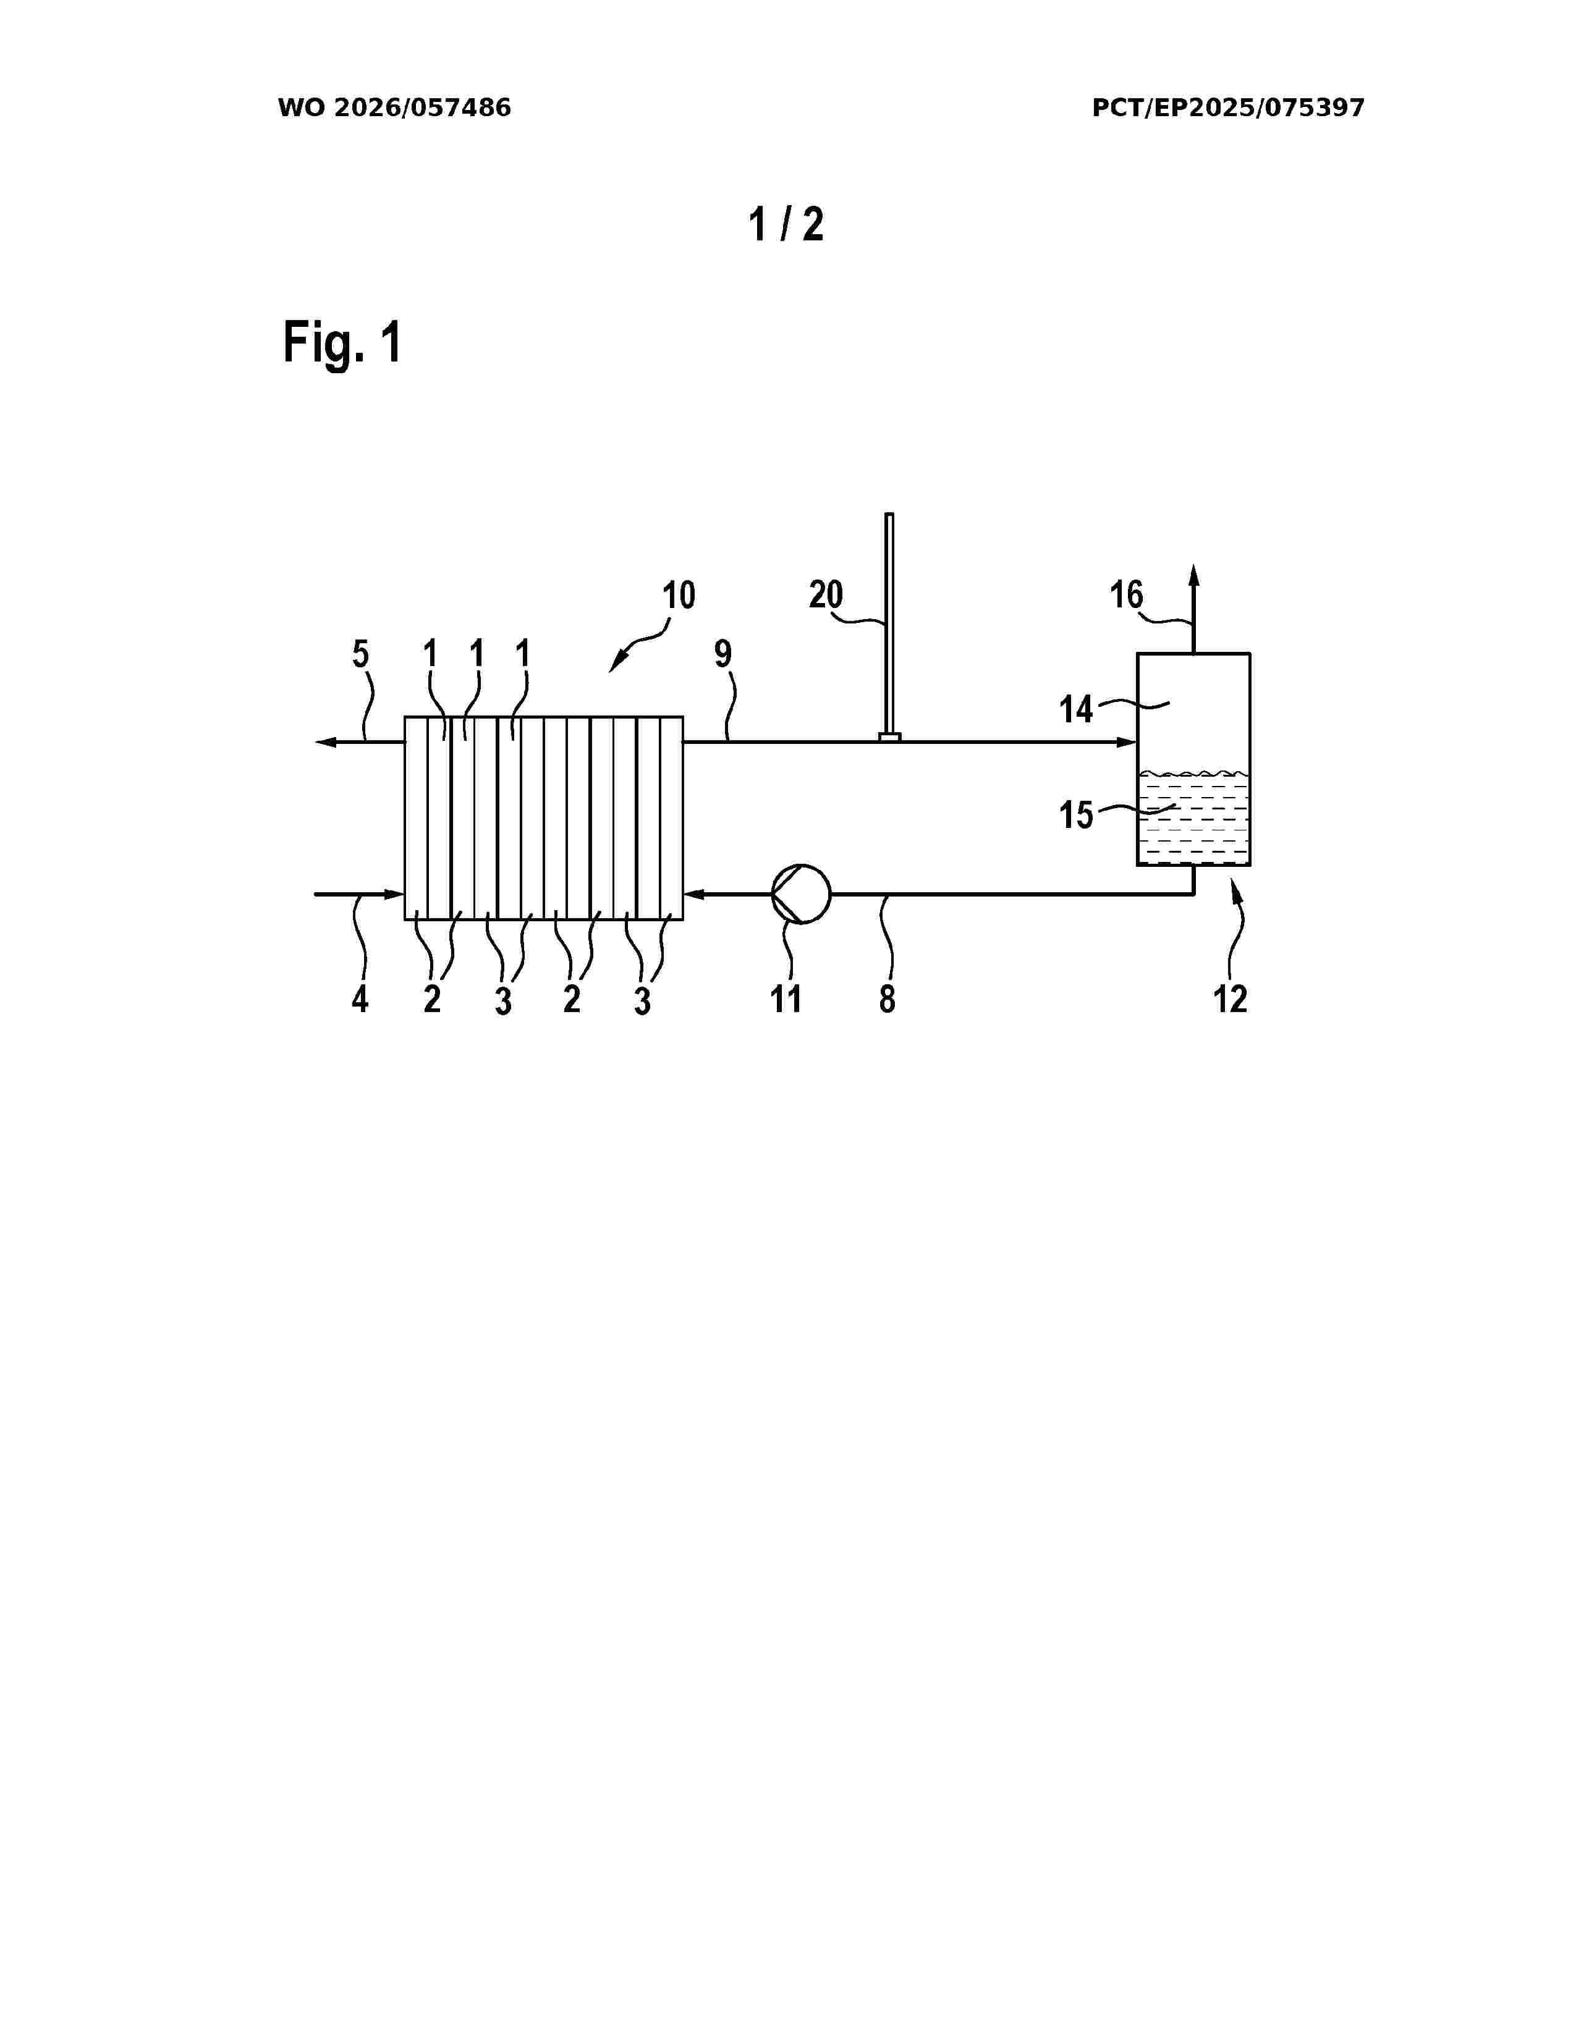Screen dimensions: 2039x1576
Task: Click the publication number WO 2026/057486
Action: coord(394,108)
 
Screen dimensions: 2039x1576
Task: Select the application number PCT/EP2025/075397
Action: coord(1228,108)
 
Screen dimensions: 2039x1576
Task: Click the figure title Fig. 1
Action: coord(342,343)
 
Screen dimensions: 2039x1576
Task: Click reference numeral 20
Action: coord(825,594)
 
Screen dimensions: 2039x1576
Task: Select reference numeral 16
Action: coord(1126,594)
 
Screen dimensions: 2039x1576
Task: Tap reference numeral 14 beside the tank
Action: coord(1075,709)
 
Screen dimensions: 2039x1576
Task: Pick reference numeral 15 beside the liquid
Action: coord(1075,815)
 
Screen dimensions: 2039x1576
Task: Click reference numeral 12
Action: coord(1230,999)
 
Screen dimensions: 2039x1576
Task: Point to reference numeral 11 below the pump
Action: coord(786,999)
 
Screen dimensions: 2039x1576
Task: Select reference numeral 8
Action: coord(887,999)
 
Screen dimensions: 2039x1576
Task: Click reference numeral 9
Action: coord(722,654)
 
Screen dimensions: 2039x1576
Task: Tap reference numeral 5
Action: coord(360,654)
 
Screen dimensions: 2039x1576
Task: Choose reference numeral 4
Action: coord(360,1000)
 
